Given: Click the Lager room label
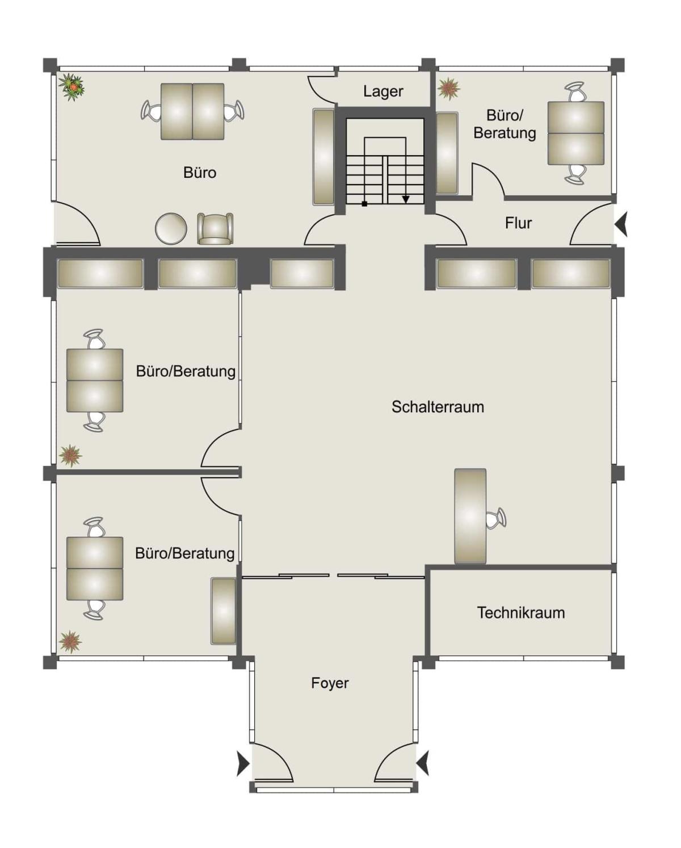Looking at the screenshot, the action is [383, 92].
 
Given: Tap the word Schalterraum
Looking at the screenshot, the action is [438, 407].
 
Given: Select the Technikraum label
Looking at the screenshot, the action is [521, 613].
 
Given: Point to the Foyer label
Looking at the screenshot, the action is [330, 683].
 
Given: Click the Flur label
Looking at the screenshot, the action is [518, 223].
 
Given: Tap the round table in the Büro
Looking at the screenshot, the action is [171, 228].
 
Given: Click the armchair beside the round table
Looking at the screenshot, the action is [215, 228].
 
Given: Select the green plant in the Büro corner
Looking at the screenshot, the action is [72, 87].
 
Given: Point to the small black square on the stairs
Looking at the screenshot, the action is [364, 204].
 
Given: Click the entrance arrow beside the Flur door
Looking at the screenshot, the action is [621, 223].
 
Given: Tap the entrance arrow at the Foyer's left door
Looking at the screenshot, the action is [243, 763].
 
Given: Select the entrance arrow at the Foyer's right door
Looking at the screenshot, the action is [422, 763].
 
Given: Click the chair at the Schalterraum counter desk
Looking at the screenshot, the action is [496, 518].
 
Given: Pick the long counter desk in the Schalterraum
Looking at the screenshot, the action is [470, 516].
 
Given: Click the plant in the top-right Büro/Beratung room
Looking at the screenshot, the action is [449, 89].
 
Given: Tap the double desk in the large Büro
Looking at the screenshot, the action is [192, 111].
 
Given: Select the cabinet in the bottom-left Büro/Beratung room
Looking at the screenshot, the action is [224, 611].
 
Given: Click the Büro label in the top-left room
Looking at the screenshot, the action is [200, 173].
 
